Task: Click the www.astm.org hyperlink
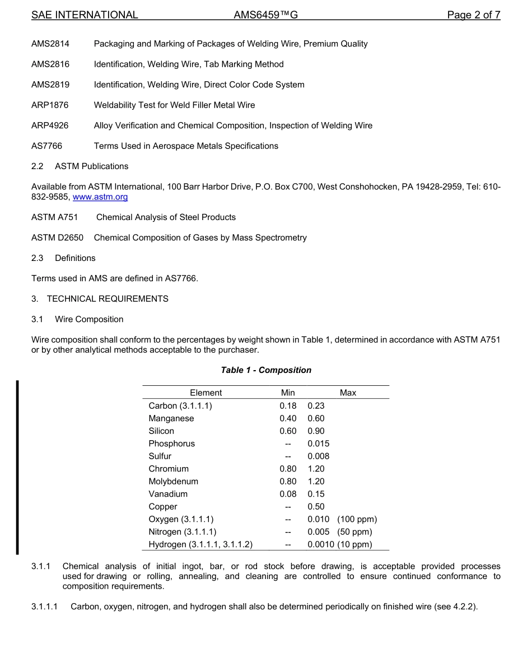[100, 197]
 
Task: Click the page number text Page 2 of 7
[473, 15]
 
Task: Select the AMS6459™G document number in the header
[265, 15]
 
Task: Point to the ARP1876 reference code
[50, 105]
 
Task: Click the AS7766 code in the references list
[46, 146]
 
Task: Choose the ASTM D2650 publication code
[57, 237]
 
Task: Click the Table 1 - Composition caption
[266, 370]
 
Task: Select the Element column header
[206, 393]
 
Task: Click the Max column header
[348, 393]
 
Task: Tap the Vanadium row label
[168, 494]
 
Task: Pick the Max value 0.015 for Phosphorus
[318, 444]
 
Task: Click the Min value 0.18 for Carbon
[288, 406]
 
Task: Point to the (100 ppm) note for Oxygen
[357, 519]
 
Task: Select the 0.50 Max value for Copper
[316, 507]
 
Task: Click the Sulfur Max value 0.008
[318, 456]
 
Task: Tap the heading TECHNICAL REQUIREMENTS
[108, 298]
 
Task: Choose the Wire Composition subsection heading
[89, 319]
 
